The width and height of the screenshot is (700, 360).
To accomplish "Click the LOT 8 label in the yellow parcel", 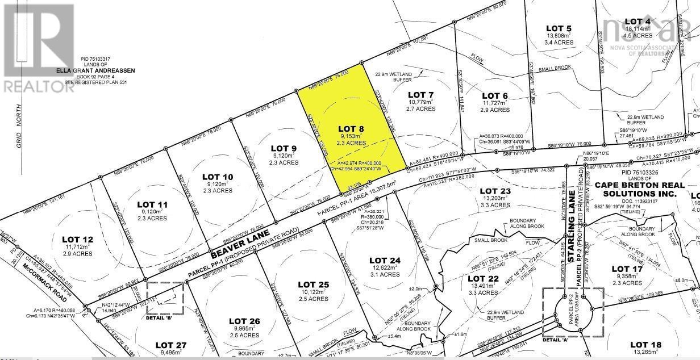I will click(352, 128).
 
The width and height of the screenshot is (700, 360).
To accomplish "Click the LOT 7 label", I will click(421, 94).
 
